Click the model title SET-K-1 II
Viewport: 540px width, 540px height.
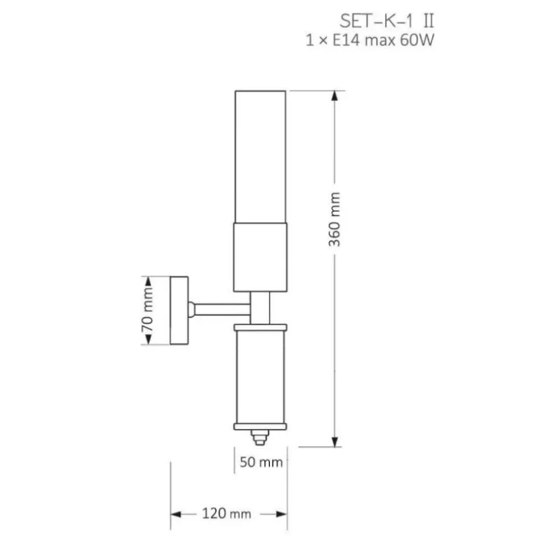click(x=386, y=21)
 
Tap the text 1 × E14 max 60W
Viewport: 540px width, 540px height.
click(x=370, y=40)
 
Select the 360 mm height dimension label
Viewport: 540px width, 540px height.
click(x=334, y=220)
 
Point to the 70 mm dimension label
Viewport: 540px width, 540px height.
click(x=147, y=309)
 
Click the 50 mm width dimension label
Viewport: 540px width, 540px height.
click(x=261, y=462)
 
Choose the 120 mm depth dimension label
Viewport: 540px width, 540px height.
click(x=227, y=513)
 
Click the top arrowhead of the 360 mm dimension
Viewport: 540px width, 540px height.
click(x=335, y=95)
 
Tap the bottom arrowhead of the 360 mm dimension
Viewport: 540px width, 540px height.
click(x=335, y=442)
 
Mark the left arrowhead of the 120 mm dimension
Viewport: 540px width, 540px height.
click(x=176, y=515)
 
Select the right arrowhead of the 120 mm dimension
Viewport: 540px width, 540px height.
click(x=282, y=515)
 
